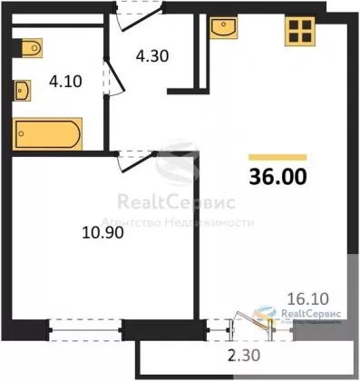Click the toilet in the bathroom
pyautogui.click(x=32, y=48)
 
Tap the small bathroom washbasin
pyautogui.click(x=23, y=91)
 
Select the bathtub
pyautogui.click(x=47, y=134)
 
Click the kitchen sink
pyautogui.click(x=224, y=27)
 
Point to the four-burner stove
pyautogui.click(x=300, y=31)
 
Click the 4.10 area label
pyautogui.click(x=65, y=82)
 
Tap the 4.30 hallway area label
pyautogui.click(x=152, y=56)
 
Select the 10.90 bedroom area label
pyautogui.click(x=103, y=233)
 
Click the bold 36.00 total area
pyautogui.click(x=277, y=177)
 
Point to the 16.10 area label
pyautogui.click(x=308, y=299)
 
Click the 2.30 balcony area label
pyautogui.click(x=244, y=356)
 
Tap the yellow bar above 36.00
pyautogui.click(x=277, y=157)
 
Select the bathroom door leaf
pyautogui.click(x=115, y=77)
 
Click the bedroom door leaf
pyautogui.click(x=138, y=163)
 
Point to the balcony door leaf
pyautogui.click(x=251, y=320)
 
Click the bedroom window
pyautogui.click(x=85, y=330)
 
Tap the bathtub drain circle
pyautogui.click(x=21, y=133)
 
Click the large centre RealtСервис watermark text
pyautogui.click(x=176, y=202)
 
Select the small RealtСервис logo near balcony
pyautogui.click(x=297, y=315)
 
